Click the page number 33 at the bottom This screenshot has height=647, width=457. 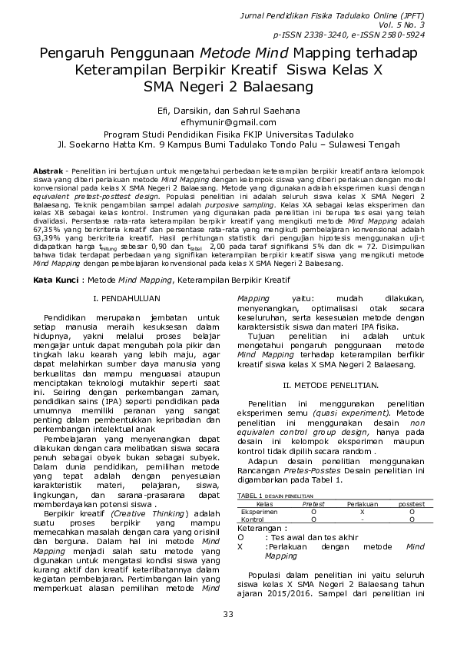(x=228, y=612)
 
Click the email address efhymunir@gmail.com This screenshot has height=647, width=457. (x=228, y=122)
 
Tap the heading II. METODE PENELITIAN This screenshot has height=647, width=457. (x=330, y=383)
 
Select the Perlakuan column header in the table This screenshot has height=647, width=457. (x=362, y=504)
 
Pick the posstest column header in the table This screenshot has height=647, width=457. (x=411, y=504)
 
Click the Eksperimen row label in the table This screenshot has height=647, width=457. (x=260, y=511)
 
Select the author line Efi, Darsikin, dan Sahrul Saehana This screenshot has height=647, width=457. (x=228, y=111)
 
